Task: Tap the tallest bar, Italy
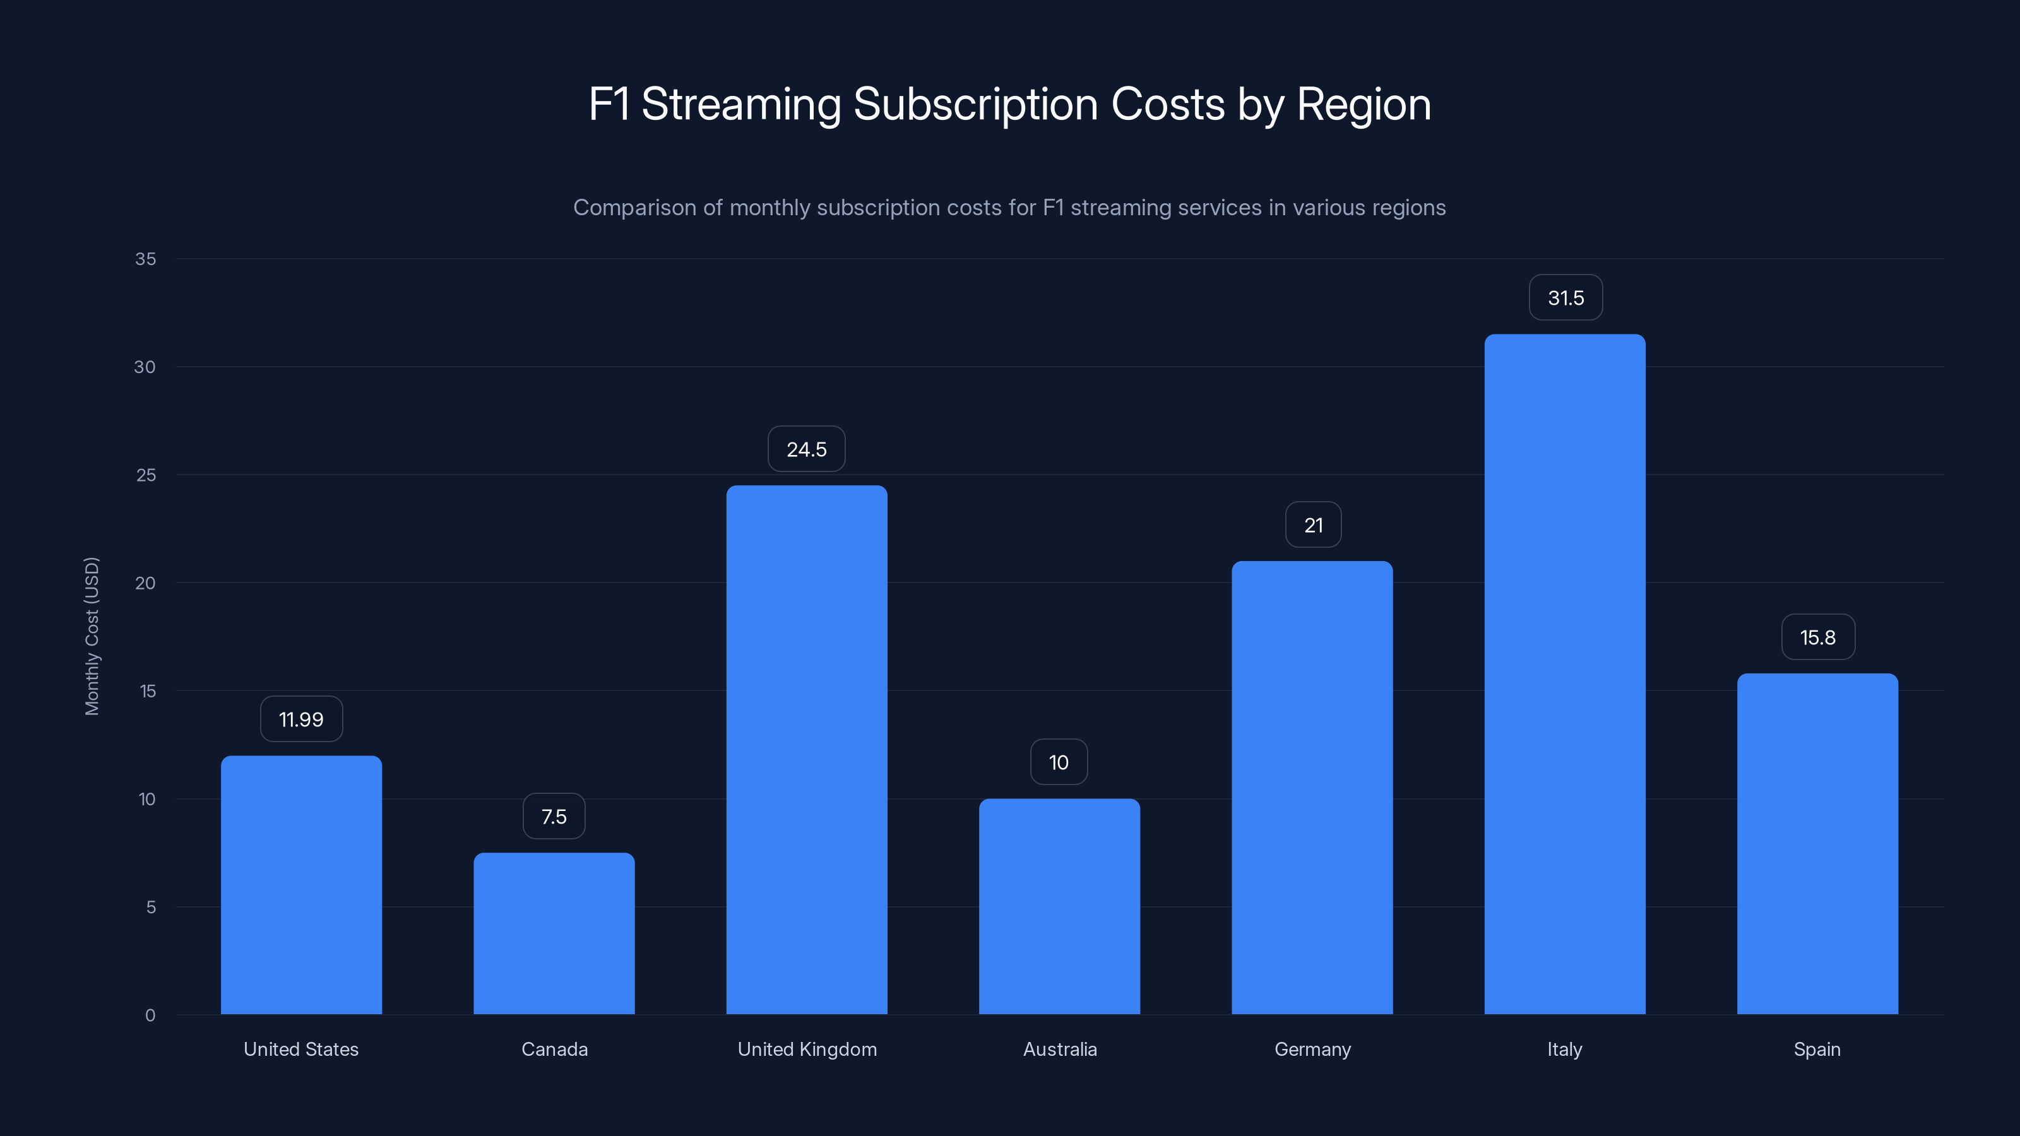[1564, 674]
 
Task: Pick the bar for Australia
[1059, 906]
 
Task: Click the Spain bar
[1817, 844]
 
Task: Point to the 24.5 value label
[806, 449]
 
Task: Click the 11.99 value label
[301, 719]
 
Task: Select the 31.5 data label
[1565, 298]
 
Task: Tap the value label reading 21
[1313, 525]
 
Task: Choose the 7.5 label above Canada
[554, 816]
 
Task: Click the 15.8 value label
[1818, 637]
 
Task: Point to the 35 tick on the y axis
[146, 259]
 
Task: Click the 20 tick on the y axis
[145, 583]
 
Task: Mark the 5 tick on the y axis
[151, 907]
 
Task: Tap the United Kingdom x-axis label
[807, 1049]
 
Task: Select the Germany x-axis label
[1312, 1049]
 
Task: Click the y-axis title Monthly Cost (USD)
[92, 636]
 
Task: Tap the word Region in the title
[1363, 105]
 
